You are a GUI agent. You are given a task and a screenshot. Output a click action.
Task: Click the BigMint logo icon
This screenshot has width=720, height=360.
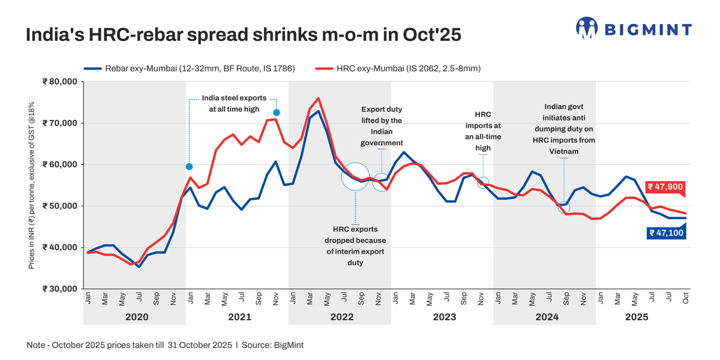(587, 28)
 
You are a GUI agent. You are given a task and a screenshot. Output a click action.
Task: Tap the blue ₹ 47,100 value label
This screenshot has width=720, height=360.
(666, 233)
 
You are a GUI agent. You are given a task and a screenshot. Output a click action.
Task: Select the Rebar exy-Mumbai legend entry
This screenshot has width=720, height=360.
(189, 68)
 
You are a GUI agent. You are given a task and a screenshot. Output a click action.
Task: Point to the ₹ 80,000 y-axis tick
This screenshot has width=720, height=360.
(60, 82)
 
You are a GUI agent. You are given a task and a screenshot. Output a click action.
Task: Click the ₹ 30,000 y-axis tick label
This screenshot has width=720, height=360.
(60, 289)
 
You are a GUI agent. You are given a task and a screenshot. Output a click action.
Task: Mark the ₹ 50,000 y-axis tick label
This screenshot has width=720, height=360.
(60, 206)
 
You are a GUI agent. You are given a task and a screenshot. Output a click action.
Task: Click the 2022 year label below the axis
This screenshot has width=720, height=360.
(341, 316)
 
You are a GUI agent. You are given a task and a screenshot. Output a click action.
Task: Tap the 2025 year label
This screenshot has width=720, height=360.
(637, 316)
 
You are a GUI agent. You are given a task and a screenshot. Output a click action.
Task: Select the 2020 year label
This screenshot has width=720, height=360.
(136, 316)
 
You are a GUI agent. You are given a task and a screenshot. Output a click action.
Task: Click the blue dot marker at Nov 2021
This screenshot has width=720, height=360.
(276, 113)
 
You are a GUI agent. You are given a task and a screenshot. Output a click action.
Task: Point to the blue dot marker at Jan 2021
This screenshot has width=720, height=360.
(189, 167)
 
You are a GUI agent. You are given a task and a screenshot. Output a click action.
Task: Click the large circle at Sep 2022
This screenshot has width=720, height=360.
(355, 176)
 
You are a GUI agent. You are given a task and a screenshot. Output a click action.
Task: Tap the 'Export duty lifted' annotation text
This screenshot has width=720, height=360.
(382, 126)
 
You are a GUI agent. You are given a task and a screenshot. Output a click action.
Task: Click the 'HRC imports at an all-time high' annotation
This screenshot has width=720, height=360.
(483, 130)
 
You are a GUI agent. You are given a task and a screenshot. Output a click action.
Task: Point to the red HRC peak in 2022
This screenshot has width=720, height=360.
(318, 98)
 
